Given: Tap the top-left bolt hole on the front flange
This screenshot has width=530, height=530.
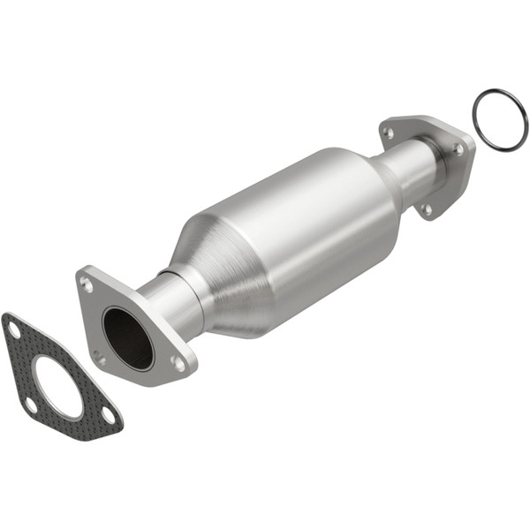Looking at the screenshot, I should click(87, 284).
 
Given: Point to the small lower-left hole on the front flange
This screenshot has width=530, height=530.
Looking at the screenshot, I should click(100, 358).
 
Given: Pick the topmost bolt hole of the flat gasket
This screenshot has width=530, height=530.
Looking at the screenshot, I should click(13, 329).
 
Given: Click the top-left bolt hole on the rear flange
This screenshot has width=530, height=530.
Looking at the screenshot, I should click(388, 133).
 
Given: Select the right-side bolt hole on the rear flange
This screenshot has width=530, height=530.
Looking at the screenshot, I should click(458, 149).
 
